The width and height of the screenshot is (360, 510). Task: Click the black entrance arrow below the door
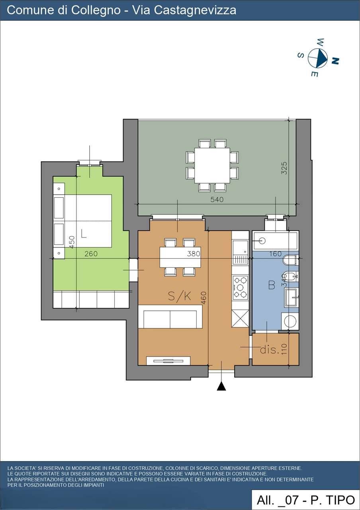(x=221, y=386)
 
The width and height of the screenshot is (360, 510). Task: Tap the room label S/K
(x=179, y=296)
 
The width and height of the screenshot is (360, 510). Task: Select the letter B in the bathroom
(x=272, y=285)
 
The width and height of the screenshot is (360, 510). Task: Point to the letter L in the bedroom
(x=84, y=233)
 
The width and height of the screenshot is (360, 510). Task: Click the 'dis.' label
(x=270, y=350)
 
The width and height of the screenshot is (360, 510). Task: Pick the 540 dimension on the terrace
(x=217, y=200)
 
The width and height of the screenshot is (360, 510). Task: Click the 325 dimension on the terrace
(x=284, y=168)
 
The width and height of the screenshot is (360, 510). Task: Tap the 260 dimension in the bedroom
(x=91, y=254)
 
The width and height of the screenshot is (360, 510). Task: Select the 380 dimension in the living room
(x=194, y=254)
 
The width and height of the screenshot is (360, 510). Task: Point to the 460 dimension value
(x=203, y=298)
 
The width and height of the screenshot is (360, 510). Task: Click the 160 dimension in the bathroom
(x=275, y=254)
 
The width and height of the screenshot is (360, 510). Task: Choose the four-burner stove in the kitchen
(x=240, y=287)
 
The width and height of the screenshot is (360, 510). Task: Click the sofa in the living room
(x=170, y=317)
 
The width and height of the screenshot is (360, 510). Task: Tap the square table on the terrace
(x=212, y=165)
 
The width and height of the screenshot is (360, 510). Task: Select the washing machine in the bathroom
(x=290, y=321)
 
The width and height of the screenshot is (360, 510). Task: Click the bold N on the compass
(x=335, y=61)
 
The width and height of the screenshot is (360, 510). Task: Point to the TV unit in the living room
(x=168, y=361)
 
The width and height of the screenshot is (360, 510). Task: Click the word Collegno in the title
(x=96, y=10)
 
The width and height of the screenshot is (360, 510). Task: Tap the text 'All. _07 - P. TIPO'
(x=306, y=500)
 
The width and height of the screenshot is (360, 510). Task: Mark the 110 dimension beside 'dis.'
(x=284, y=349)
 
